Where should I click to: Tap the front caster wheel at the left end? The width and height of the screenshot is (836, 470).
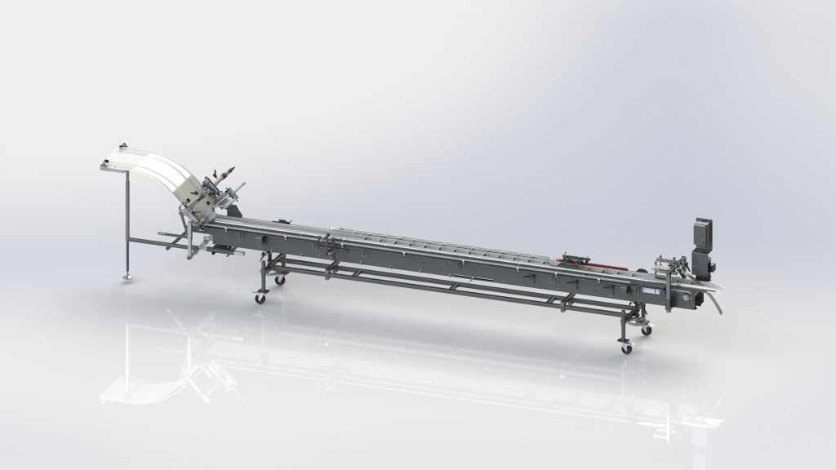pyautogui.click(x=260, y=299)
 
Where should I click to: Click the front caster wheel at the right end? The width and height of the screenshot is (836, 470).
pyautogui.click(x=627, y=348)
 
